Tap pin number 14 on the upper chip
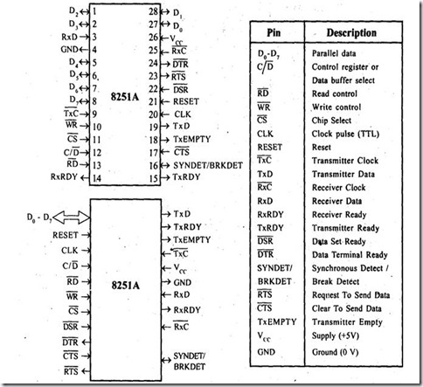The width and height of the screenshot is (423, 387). pyautogui.click(x=92, y=177)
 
